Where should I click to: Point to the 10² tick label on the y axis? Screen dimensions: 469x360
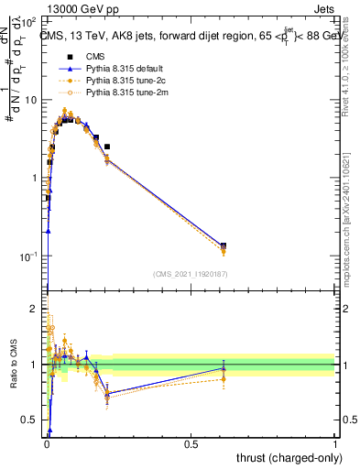coord(30,20)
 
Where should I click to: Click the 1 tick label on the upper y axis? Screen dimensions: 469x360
coord(36,178)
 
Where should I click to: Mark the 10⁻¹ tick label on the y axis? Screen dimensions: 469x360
coord(30,256)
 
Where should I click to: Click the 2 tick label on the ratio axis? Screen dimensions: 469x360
coord(36,310)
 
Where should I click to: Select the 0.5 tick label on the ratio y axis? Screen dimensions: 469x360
coord(31,420)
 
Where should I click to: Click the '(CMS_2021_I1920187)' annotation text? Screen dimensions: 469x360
coord(191,273)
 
